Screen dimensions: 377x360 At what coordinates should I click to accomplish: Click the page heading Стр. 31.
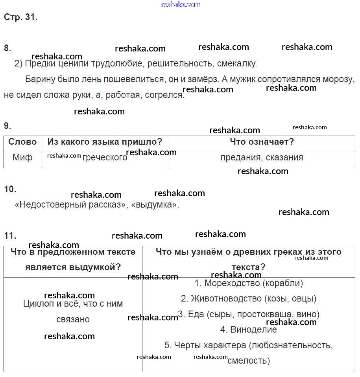coord(21,17)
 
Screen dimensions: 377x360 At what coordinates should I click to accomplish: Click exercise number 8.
coord(7,48)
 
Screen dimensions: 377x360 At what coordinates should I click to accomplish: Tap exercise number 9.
coord(7,126)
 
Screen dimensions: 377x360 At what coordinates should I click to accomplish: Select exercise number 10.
coord(10,189)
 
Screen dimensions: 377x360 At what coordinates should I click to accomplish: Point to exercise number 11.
coord(10,235)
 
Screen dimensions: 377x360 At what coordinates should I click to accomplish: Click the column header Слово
coord(22,142)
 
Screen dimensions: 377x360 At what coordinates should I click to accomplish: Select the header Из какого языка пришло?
coord(105,142)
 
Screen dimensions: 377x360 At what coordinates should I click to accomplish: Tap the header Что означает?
coord(262,142)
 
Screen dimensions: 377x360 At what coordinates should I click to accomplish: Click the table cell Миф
coord(22,158)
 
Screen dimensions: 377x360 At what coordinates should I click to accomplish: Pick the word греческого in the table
coord(105,158)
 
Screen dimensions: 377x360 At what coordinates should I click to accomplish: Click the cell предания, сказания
coord(262,158)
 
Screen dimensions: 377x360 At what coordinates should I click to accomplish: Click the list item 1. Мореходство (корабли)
coord(249,283)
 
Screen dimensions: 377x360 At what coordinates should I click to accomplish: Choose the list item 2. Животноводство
coord(249,299)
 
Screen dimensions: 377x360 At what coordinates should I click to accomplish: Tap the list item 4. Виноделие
coord(249,330)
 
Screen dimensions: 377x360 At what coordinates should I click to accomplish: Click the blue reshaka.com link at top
coord(181,4)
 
